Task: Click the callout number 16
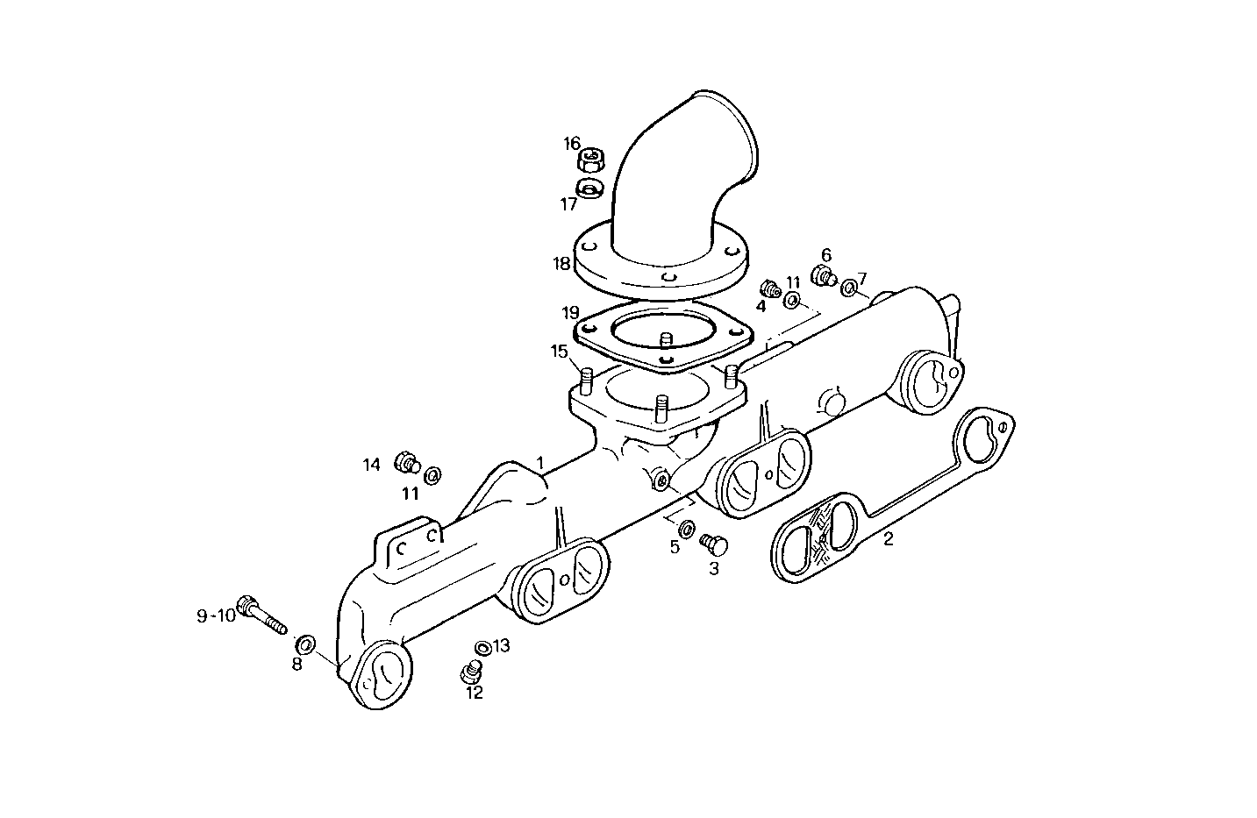pyautogui.click(x=572, y=143)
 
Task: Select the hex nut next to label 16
pyautogui.click(x=595, y=160)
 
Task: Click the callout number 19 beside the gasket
pyautogui.click(x=571, y=312)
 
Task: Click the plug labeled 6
pyautogui.click(x=823, y=277)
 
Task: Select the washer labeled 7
pyautogui.click(x=849, y=288)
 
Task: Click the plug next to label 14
pyautogui.click(x=407, y=461)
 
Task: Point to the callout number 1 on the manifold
pyautogui.click(x=540, y=461)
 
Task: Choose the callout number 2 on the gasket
pyautogui.click(x=888, y=538)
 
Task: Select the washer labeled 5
pyautogui.click(x=688, y=528)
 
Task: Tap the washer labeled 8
pyautogui.click(x=306, y=643)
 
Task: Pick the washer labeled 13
pyautogui.click(x=482, y=648)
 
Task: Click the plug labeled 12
pyautogui.click(x=471, y=673)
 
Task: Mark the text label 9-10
pyautogui.click(x=216, y=615)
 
